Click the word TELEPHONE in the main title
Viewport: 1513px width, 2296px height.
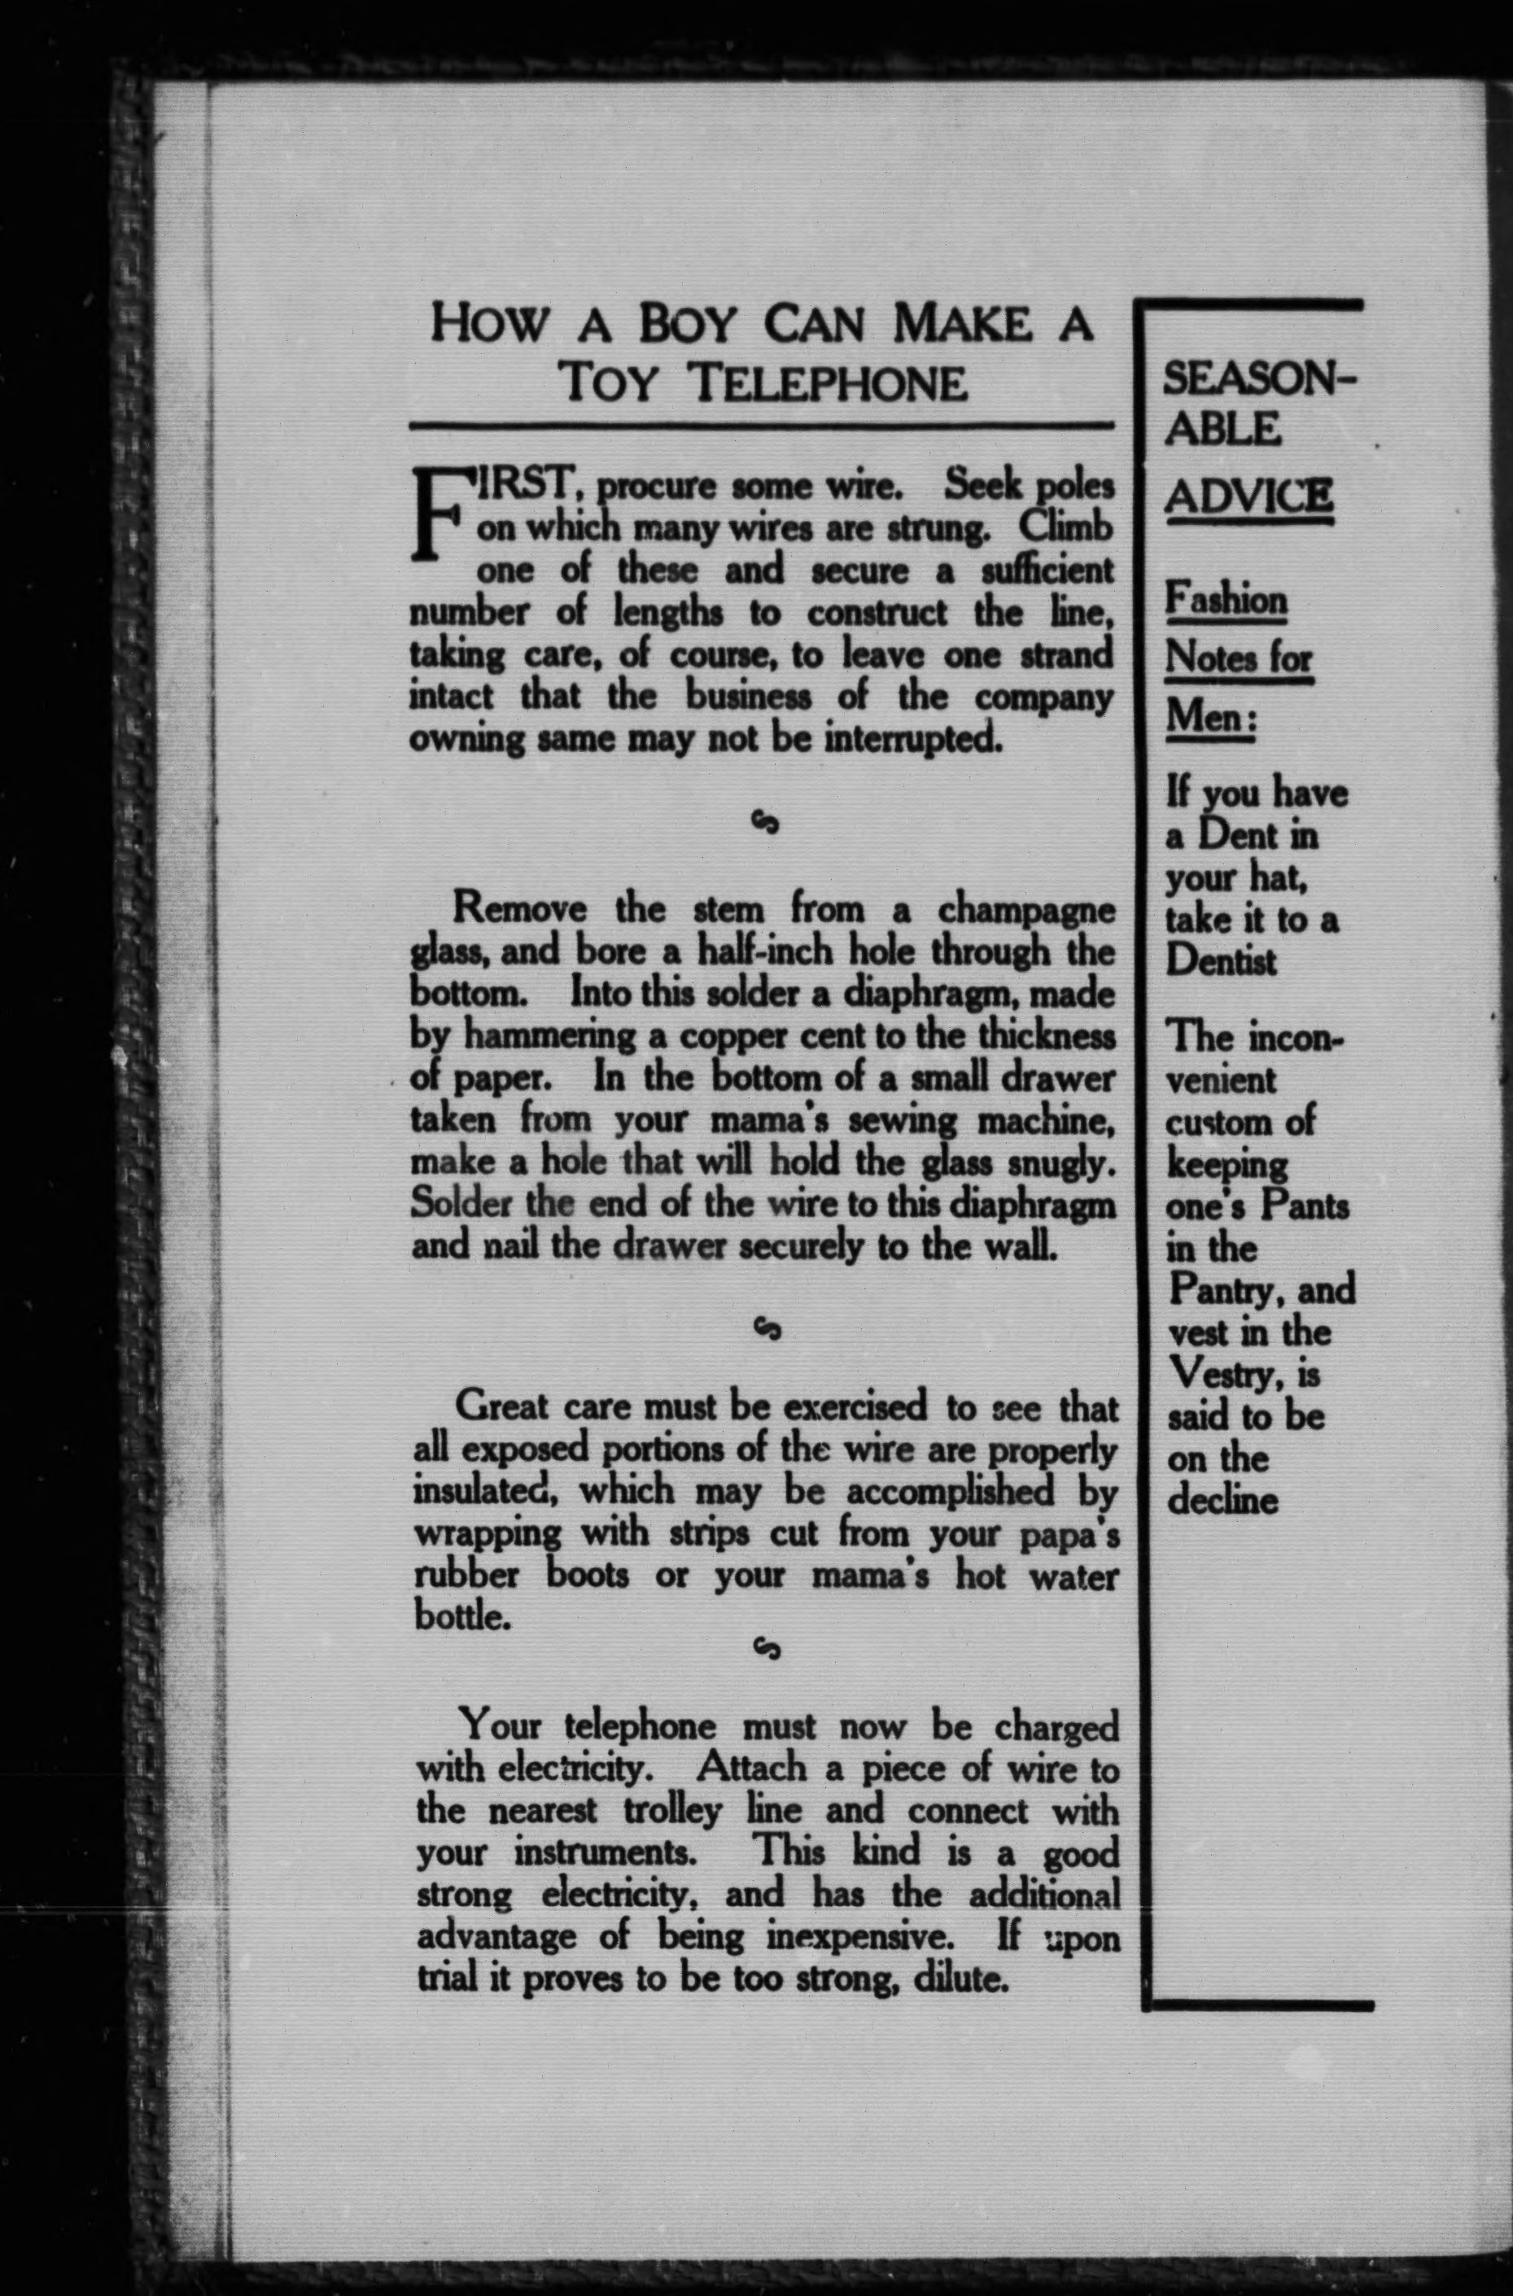[x=831, y=383]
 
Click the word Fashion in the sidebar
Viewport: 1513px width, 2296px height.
[x=1226, y=599]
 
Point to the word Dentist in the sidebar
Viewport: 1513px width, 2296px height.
[x=1221, y=962]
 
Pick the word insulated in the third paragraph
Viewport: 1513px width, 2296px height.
[x=488, y=1490]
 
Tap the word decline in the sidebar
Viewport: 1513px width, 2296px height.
[x=1222, y=1501]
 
